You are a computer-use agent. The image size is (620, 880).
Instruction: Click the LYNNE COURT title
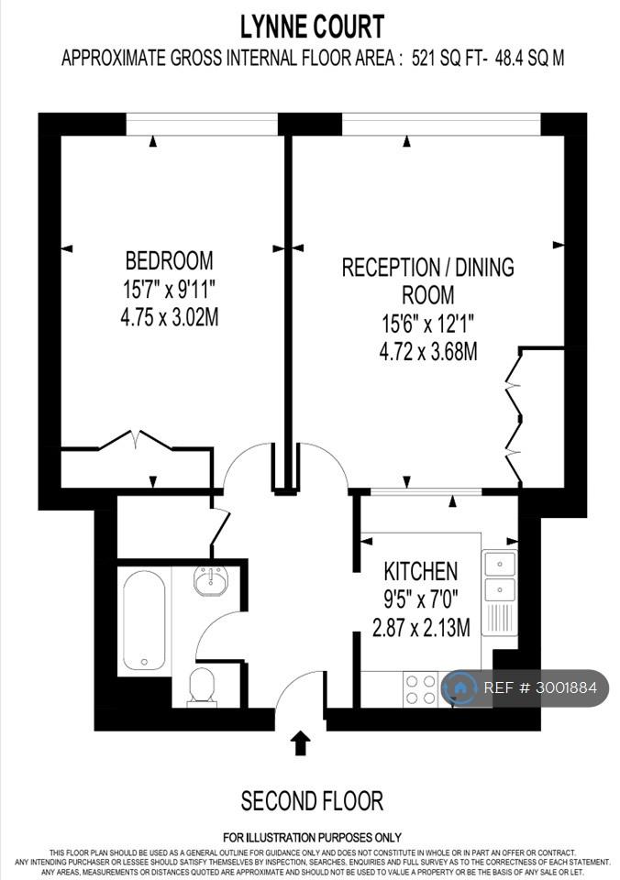(312, 27)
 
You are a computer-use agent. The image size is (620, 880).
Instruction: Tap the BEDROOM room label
(169, 261)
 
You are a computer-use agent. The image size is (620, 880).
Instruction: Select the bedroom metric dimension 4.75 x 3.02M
(169, 318)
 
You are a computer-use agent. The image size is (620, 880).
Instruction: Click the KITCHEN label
(421, 571)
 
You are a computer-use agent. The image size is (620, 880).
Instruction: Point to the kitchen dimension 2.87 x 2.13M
(421, 627)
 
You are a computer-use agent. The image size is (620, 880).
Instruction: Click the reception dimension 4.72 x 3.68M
(428, 352)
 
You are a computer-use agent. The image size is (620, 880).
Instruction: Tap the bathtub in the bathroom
(144, 621)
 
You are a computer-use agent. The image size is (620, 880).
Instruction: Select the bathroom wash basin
(211, 580)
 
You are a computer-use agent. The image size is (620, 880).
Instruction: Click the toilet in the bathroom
(202, 686)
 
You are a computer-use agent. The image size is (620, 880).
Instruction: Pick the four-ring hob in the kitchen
(421, 689)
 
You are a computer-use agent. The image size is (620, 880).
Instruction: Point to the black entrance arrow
(302, 742)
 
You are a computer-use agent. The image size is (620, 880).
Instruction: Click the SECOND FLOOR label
(312, 801)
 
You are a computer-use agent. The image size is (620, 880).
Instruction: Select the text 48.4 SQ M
(529, 59)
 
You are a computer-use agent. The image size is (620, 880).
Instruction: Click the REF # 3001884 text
(540, 687)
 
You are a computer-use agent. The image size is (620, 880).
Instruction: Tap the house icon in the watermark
(459, 687)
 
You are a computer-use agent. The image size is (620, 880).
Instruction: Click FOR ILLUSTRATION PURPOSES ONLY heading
(312, 838)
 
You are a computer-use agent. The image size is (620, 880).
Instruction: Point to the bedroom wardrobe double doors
(136, 440)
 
